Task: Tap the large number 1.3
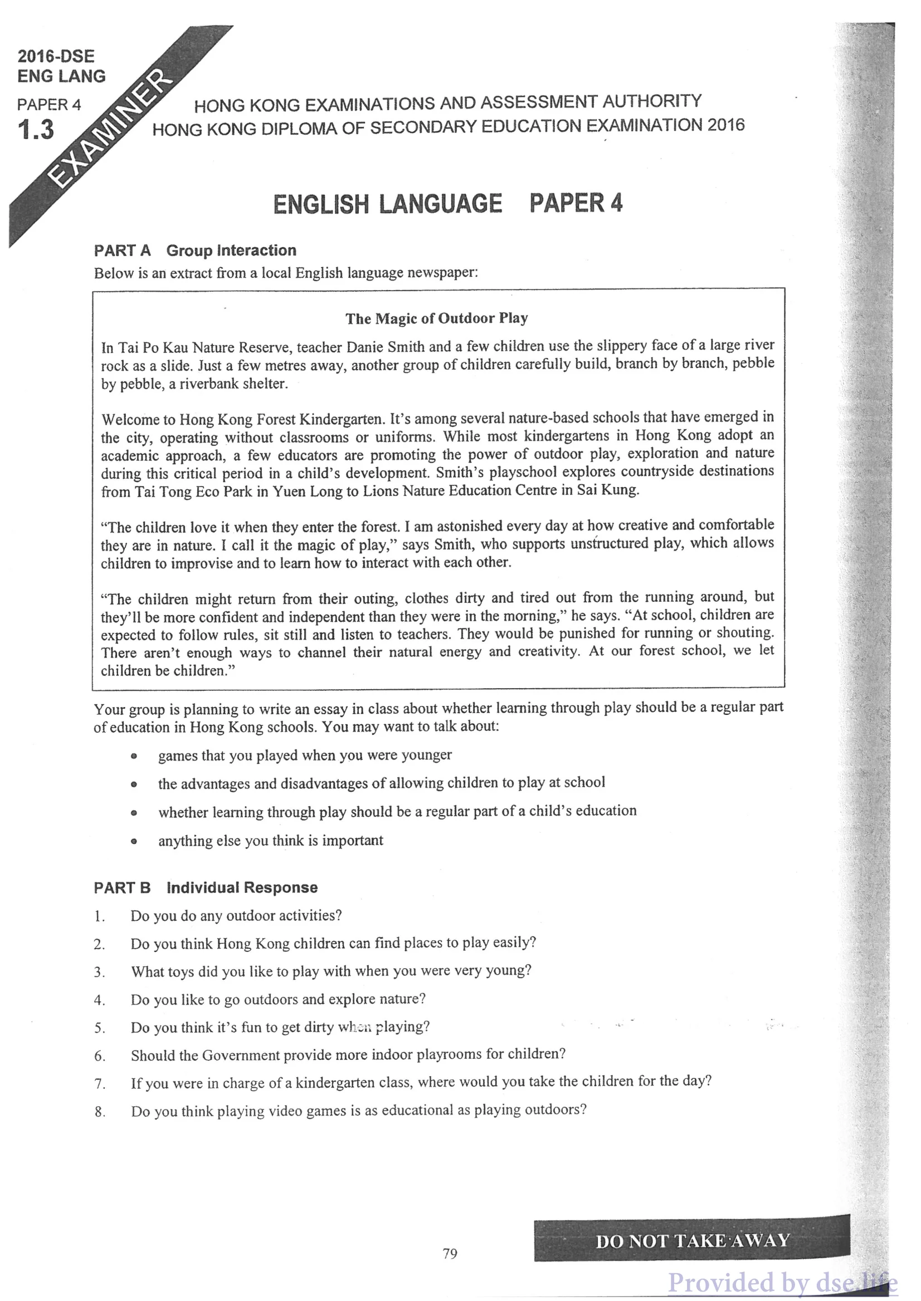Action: [36, 130]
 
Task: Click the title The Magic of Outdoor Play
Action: [437, 318]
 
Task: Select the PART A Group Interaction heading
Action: [195, 251]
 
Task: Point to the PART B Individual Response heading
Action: [205, 887]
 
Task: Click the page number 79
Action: [450, 1254]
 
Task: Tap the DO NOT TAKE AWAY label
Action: [692, 1241]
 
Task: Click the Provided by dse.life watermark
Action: [783, 1282]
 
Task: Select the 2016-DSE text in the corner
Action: [56, 56]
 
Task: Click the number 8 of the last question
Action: [99, 1112]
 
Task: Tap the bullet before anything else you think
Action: [134, 842]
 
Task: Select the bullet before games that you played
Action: [134, 756]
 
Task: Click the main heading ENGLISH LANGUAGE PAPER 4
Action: [447, 204]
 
